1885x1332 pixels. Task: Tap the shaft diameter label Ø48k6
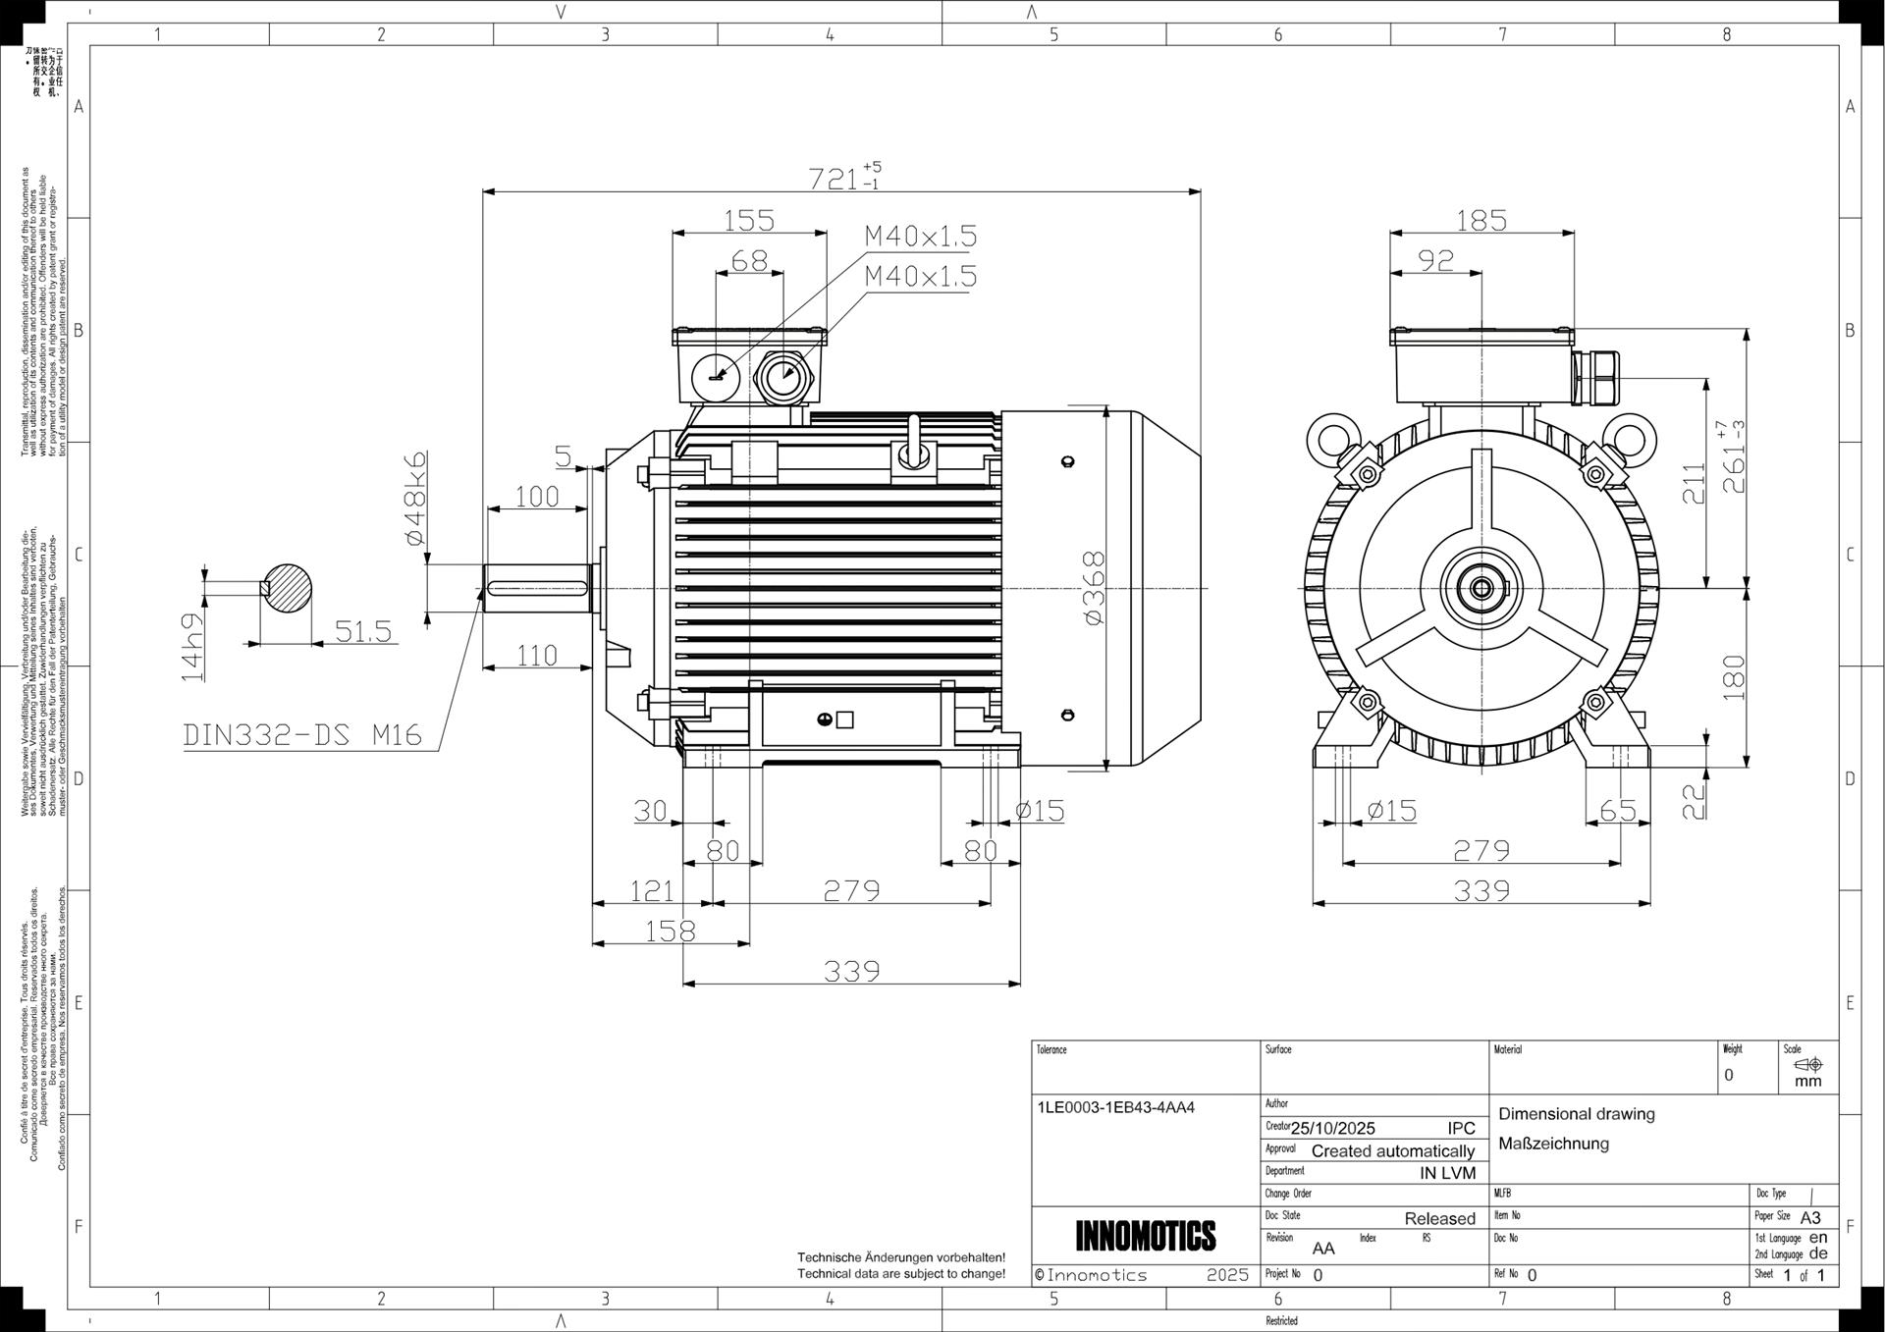pyautogui.click(x=415, y=498)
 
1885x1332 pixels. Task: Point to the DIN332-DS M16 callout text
pyautogui.click(x=302, y=734)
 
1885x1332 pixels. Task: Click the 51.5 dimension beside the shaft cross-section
pyautogui.click(x=363, y=631)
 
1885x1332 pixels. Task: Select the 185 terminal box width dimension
pyautogui.click(x=1481, y=220)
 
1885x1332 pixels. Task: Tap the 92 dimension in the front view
pyautogui.click(x=1435, y=261)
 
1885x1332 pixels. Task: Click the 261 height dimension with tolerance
pyautogui.click(x=1733, y=456)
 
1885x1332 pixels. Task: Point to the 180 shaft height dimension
pyautogui.click(x=1734, y=677)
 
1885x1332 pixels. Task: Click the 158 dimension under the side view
pyautogui.click(x=671, y=931)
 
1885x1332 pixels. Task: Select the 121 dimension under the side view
pyautogui.click(x=651, y=891)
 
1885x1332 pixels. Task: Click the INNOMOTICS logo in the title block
pyautogui.click(x=1145, y=1236)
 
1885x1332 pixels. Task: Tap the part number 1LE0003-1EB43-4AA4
pyautogui.click(x=1115, y=1107)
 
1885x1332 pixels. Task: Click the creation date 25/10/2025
pyautogui.click(x=1332, y=1128)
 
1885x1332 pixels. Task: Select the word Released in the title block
pyautogui.click(x=1439, y=1218)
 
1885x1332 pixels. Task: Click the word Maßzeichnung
pyautogui.click(x=1553, y=1144)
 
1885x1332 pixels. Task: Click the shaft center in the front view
pyautogui.click(x=1481, y=588)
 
